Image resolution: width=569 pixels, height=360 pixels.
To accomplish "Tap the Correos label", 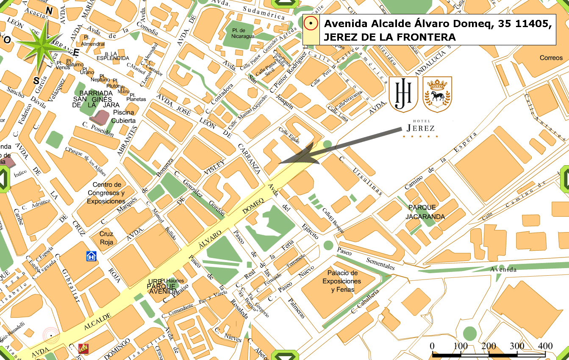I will (x=551, y=58).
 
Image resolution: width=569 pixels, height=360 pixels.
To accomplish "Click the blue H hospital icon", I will (x=91, y=255).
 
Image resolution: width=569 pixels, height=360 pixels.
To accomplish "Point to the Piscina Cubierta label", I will (x=123, y=116).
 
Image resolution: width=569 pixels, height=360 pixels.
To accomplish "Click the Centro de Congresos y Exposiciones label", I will (x=106, y=193).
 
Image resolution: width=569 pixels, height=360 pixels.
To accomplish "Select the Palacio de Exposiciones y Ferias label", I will (x=341, y=281).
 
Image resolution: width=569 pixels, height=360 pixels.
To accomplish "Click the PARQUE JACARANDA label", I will (x=425, y=212).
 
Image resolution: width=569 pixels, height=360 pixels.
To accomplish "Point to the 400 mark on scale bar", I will (x=545, y=346).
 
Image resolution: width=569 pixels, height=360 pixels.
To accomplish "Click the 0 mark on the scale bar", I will (x=432, y=346).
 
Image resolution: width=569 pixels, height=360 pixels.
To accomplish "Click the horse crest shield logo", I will (x=437, y=94).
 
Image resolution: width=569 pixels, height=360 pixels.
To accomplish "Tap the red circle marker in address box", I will (x=311, y=24).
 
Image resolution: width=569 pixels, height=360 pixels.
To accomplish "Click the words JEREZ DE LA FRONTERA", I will (x=390, y=37).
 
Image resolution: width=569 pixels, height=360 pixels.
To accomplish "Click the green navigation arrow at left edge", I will (x=3, y=178).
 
